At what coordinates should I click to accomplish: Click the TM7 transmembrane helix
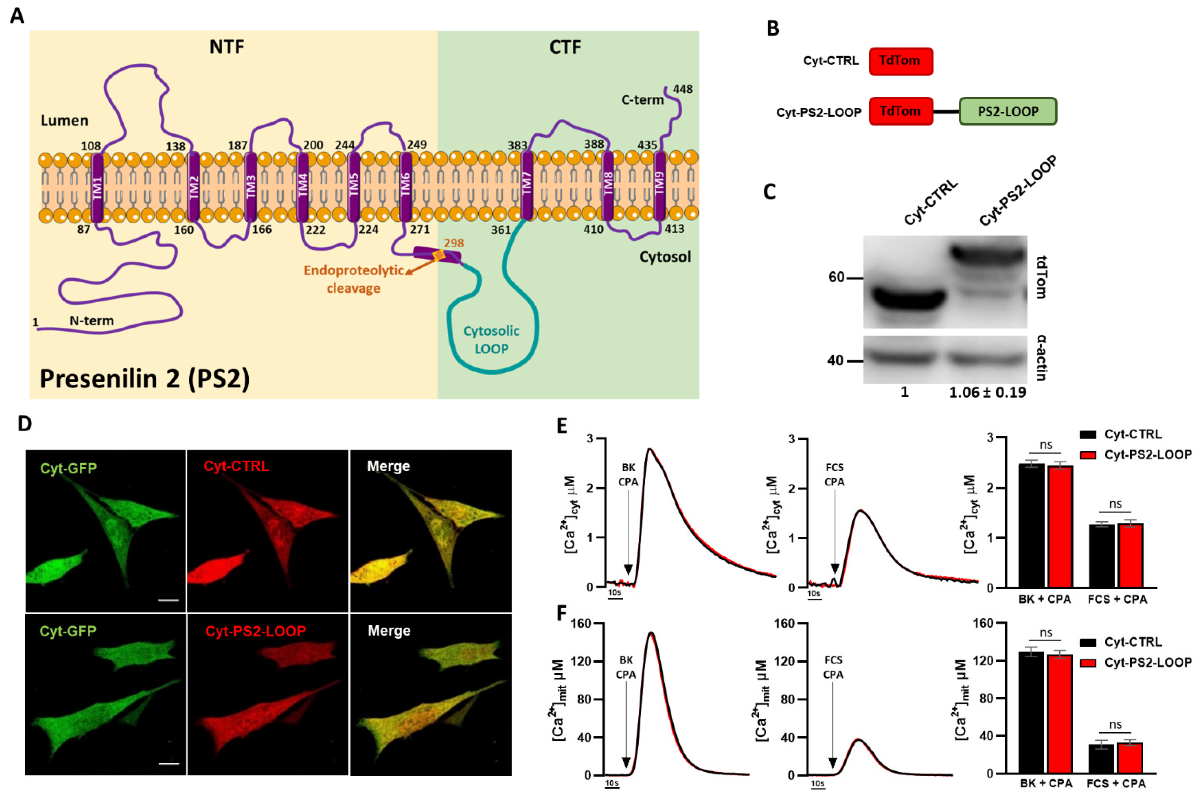pyautogui.click(x=527, y=186)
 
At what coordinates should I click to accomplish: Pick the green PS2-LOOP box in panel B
pyautogui.click(x=1007, y=111)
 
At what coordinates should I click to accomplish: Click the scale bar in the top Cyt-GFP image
pyautogui.click(x=168, y=600)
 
